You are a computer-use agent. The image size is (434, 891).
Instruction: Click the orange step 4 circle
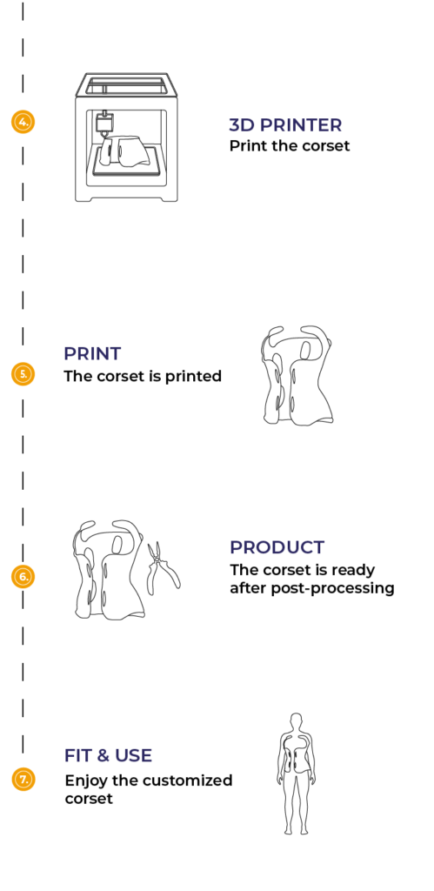click(x=23, y=122)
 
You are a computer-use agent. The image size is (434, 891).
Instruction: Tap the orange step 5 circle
click(x=23, y=374)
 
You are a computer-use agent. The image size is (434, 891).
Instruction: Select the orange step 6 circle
click(x=23, y=576)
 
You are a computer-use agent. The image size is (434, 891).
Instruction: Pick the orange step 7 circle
click(x=23, y=779)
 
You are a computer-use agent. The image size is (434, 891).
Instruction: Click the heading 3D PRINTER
click(x=285, y=125)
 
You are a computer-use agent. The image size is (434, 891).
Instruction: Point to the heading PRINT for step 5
click(x=92, y=353)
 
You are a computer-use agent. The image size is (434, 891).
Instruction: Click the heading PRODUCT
click(x=277, y=547)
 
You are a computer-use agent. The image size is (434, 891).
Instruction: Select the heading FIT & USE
click(x=108, y=755)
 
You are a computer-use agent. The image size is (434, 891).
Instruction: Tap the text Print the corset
click(x=289, y=146)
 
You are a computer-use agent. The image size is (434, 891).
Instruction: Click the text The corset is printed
click(x=143, y=376)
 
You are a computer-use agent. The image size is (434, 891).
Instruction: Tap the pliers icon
click(x=164, y=568)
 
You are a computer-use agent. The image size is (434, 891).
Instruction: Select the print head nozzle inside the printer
click(x=104, y=124)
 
